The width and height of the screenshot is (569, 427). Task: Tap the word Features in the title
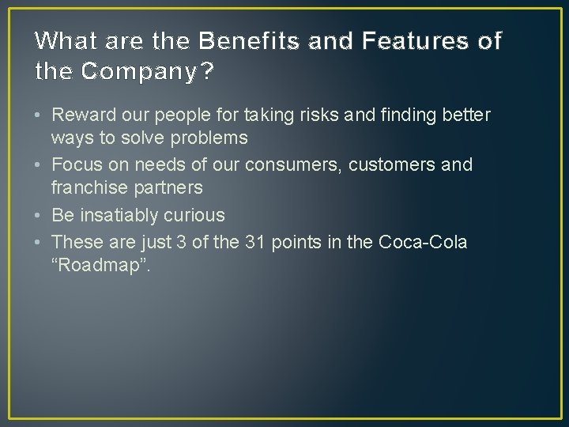pyautogui.click(x=394, y=40)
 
